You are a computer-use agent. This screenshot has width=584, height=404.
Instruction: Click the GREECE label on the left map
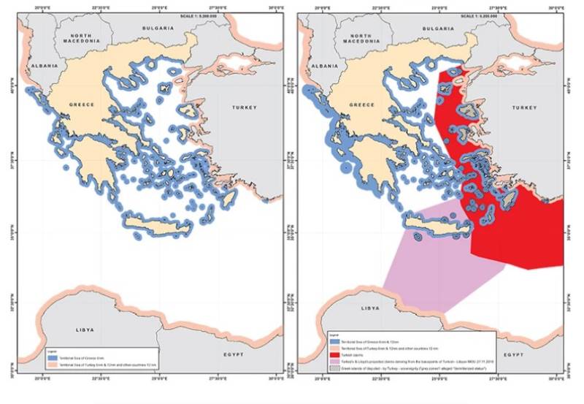pos(82,105)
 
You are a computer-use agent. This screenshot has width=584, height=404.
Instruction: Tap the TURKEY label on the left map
pos(243,107)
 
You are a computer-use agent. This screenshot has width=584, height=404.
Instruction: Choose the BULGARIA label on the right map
pos(436,28)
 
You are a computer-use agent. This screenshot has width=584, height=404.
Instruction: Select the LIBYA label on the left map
pos(85,330)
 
